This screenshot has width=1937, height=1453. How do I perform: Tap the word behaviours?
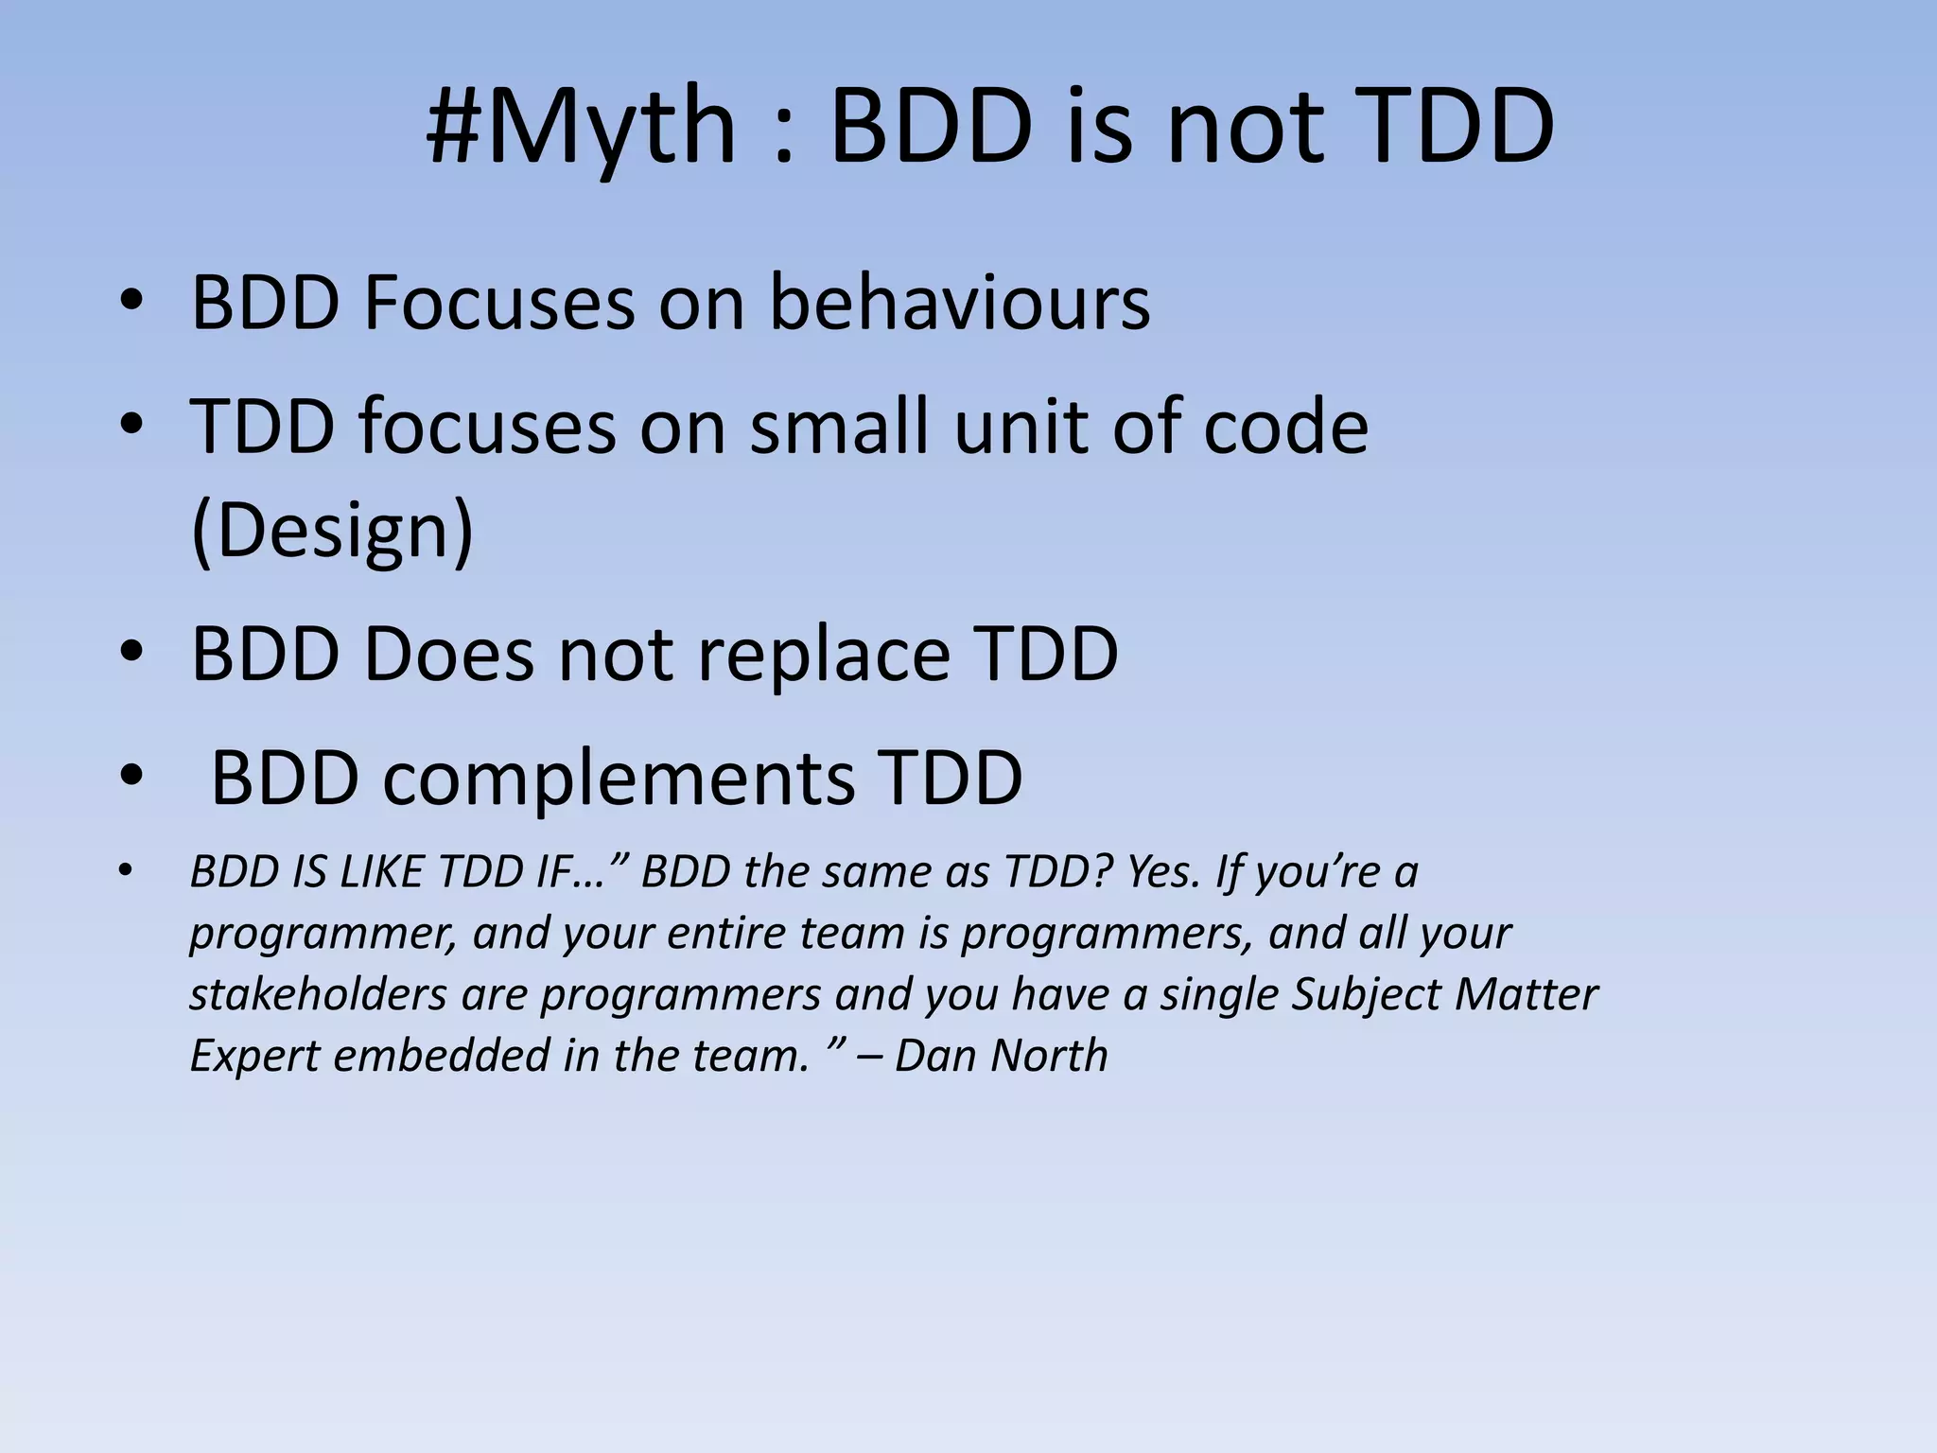point(959,303)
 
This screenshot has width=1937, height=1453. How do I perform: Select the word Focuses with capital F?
point(498,303)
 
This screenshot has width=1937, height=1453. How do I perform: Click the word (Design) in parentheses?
point(332,532)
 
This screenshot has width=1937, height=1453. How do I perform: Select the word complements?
point(619,778)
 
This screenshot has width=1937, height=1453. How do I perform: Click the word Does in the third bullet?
point(448,653)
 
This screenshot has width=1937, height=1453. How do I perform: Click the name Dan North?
point(1001,1055)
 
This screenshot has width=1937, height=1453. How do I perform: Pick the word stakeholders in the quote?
point(318,994)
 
